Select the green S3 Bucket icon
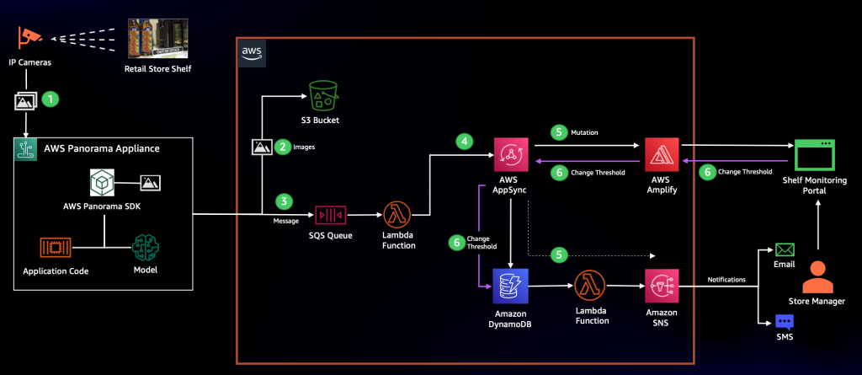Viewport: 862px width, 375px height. [x=322, y=96]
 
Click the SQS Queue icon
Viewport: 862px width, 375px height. [x=329, y=215]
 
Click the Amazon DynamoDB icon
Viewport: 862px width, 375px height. [x=511, y=287]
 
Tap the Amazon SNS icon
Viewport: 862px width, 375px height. [x=662, y=287]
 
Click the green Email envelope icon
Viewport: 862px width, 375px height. [x=785, y=250]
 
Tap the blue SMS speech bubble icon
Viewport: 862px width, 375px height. [x=785, y=322]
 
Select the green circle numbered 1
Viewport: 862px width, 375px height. [x=51, y=99]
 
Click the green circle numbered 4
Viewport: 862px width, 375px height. [x=464, y=142]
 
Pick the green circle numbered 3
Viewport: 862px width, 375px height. [x=284, y=201]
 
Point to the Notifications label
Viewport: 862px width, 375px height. [x=726, y=280]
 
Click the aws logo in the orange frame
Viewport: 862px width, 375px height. [x=252, y=53]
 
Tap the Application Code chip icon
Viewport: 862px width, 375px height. [x=56, y=248]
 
